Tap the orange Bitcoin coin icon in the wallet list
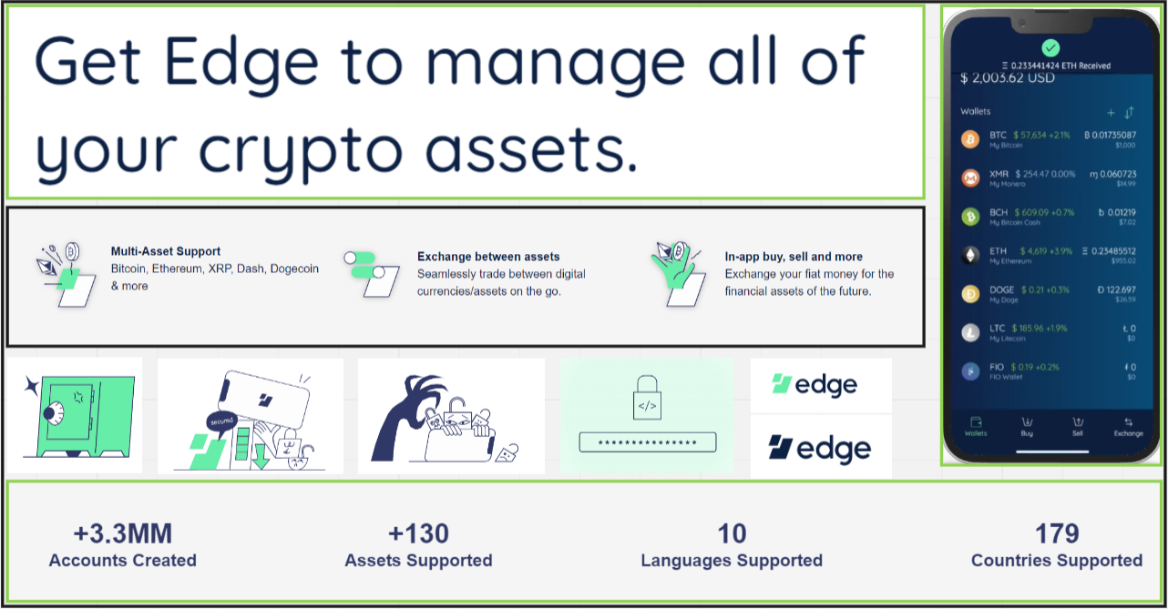(x=970, y=139)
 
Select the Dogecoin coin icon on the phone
(x=970, y=294)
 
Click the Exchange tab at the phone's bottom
(x=1128, y=426)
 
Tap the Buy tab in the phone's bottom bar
(x=1027, y=426)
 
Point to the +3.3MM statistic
(x=122, y=533)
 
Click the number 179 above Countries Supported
(x=1057, y=533)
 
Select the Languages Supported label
(x=732, y=561)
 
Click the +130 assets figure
(x=418, y=533)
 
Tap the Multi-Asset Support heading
(x=166, y=251)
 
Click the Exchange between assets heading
(x=488, y=257)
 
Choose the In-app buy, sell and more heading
(x=794, y=257)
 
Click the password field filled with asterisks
(x=648, y=442)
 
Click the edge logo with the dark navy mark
(x=819, y=448)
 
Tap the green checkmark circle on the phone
(x=1050, y=46)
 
